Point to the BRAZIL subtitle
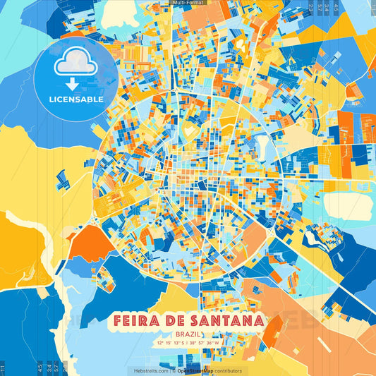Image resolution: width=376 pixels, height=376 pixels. pos(188,335)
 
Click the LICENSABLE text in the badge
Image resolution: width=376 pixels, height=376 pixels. pos(75,99)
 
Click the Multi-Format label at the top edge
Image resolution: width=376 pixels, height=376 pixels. pos(188,3)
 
